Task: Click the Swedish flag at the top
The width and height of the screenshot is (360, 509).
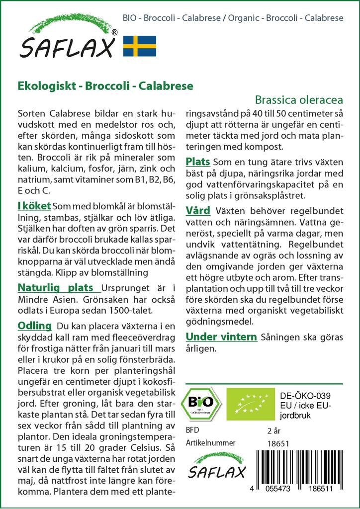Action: click(x=139, y=45)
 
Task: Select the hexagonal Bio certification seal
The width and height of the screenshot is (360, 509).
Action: click(x=200, y=402)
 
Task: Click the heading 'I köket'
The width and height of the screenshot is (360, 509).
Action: click(x=33, y=205)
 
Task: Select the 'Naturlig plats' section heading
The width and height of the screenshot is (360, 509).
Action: click(x=55, y=287)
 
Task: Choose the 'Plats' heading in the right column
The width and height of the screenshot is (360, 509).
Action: click(x=197, y=162)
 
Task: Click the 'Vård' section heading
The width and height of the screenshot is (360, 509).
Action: click(x=197, y=210)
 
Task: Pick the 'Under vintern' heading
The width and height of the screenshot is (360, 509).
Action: click(x=221, y=337)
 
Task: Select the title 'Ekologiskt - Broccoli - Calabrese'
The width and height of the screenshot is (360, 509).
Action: click(x=105, y=85)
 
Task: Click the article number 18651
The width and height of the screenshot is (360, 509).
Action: click(x=278, y=443)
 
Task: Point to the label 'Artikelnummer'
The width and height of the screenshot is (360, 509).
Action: click(x=210, y=443)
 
